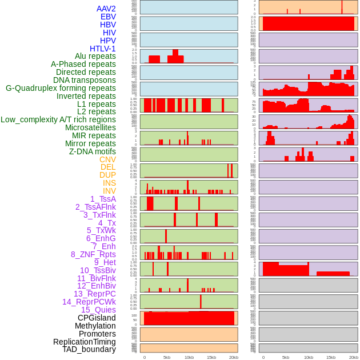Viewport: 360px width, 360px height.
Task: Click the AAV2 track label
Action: point(106,9)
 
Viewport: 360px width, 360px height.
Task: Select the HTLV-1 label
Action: point(103,49)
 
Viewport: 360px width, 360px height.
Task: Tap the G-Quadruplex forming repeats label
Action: point(61,88)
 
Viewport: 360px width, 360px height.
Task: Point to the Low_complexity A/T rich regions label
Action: point(58,119)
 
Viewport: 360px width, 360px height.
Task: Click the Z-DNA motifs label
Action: point(93,151)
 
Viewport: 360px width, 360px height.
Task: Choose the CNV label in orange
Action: point(107,159)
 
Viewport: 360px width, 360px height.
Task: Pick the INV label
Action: point(109,191)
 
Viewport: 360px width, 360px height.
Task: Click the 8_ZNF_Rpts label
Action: point(93,254)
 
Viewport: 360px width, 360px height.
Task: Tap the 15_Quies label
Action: point(98,310)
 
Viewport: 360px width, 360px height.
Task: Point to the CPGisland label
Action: point(97,318)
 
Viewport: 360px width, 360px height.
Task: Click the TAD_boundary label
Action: point(89,349)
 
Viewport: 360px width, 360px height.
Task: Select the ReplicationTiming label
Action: point(85,342)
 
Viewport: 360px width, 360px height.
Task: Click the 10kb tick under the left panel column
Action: point(189,357)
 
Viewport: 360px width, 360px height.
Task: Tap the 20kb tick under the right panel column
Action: point(354,357)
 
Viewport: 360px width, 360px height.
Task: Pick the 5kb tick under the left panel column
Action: point(167,357)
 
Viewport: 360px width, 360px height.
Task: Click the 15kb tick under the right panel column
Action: point(330,357)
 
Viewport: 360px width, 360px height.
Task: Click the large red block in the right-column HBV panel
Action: point(308,23)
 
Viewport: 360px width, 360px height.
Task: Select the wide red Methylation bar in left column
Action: point(189,318)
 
